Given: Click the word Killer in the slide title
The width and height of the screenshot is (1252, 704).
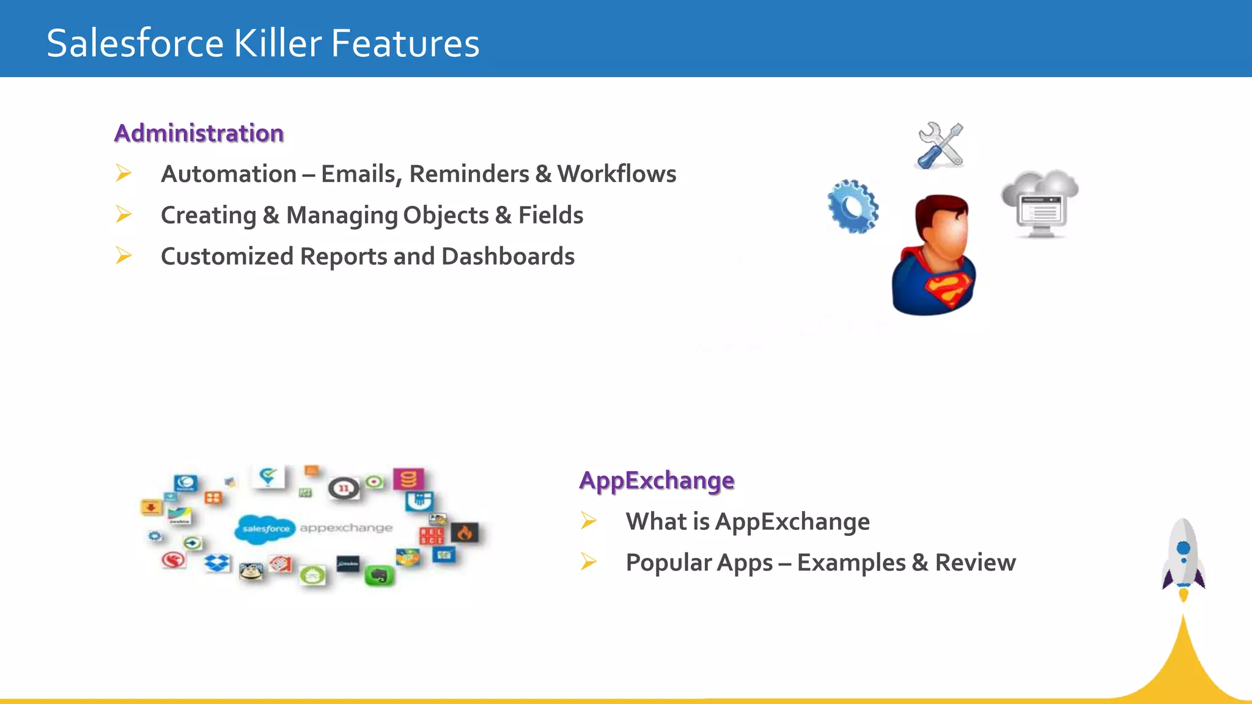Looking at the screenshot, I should tap(278, 43).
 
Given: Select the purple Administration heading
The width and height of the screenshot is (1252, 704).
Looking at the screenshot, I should tap(199, 133).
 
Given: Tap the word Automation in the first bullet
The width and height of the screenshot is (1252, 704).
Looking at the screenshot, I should tap(229, 174).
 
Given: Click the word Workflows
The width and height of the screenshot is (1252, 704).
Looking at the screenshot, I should tap(616, 174).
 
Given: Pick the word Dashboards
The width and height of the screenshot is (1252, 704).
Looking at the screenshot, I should tap(508, 257).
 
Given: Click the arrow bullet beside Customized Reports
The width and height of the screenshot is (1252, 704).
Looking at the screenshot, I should tap(123, 255).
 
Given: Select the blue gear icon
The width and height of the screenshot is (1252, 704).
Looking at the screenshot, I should tap(853, 207).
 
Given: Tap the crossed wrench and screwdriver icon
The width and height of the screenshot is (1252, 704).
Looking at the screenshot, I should tap(940, 145).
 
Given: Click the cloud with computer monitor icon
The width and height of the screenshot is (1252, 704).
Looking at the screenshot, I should tap(1040, 204).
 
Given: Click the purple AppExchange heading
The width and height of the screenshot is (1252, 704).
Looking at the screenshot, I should tap(657, 480).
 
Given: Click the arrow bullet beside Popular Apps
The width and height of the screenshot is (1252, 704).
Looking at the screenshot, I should tap(589, 561).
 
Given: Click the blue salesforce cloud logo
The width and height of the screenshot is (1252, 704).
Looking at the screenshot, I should tap(265, 529).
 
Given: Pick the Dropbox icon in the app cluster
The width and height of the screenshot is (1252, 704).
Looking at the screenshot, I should tap(217, 563).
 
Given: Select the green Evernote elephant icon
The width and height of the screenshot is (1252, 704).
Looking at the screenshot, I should tap(379, 576).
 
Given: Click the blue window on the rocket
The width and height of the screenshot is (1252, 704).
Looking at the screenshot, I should tap(1184, 548).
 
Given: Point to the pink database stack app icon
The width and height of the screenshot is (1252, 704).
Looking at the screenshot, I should tap(408, 479).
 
